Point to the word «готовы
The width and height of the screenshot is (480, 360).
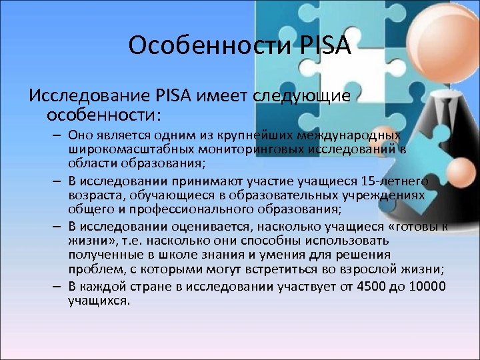coord(417,227)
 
